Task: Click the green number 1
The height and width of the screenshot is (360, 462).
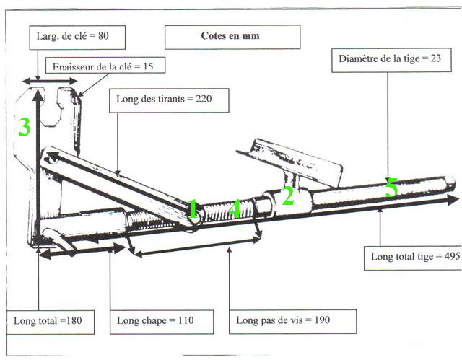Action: tap(193, 210)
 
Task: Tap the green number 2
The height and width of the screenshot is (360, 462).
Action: tap(287, 196)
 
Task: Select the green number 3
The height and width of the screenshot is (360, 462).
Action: tap(25, 128)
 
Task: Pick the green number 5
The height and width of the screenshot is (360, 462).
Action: tap(391, 188)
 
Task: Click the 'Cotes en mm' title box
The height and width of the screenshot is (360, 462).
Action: tap(232, 35)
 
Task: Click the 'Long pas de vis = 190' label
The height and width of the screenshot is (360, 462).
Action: tap(284, 320)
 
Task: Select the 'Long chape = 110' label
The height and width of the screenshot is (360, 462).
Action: tap(154, 320)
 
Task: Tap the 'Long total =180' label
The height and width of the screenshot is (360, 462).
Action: tap(53, 320)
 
